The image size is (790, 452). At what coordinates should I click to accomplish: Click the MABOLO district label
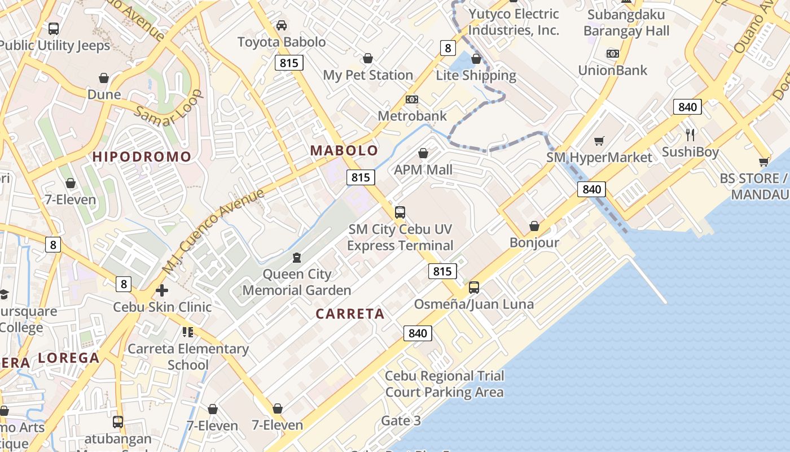pos(344,150)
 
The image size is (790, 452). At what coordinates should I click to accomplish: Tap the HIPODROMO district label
pos(142,157)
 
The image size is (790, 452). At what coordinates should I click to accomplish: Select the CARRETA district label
pos(350,314)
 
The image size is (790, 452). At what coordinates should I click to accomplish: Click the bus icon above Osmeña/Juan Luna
pos(474,288)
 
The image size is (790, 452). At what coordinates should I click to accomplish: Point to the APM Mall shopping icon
pos(423,153)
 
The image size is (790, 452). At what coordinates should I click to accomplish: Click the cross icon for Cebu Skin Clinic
pos(162,290)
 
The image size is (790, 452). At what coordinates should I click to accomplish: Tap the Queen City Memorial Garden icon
pos(297,258)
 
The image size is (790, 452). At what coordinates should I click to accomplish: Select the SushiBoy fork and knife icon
pos(690,134)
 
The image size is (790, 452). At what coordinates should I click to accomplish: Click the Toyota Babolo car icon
pos(281,25)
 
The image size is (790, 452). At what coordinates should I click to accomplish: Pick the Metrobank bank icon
pos(412,99)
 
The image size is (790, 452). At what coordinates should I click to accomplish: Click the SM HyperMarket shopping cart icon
pos(599,141)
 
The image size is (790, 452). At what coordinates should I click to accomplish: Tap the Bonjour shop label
pos(534,242)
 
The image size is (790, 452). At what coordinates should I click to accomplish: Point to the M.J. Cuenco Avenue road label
pos(213,231)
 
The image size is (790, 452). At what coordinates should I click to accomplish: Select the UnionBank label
pos(612,70)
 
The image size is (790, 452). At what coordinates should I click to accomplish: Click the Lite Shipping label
pos(476,75)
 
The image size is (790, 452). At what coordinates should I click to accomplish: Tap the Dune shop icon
pos(104,78)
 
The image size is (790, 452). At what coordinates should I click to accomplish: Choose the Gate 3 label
pos(401,420)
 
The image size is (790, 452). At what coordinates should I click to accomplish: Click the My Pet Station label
pos(368,75)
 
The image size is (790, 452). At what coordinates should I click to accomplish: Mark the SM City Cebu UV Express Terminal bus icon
pos(400,212)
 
